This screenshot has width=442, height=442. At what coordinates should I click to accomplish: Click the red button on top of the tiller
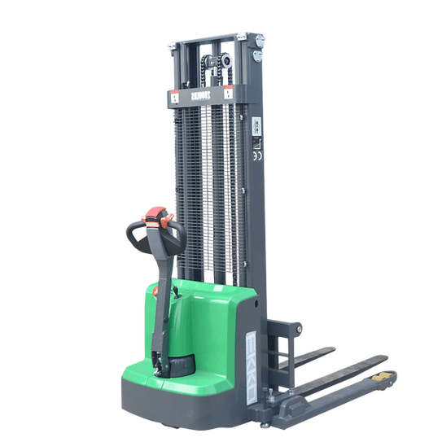[155, 217]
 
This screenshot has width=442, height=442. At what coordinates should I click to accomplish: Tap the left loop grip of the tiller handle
[134, 235]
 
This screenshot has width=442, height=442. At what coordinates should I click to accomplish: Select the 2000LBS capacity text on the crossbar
[200, 96]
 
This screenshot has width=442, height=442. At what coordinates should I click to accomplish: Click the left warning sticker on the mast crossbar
[174, 96]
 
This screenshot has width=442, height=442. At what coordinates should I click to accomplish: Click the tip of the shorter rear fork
[329, 351]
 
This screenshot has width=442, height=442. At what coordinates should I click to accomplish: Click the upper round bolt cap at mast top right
[258, 42]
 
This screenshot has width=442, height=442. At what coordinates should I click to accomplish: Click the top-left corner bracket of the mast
[173, 46]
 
